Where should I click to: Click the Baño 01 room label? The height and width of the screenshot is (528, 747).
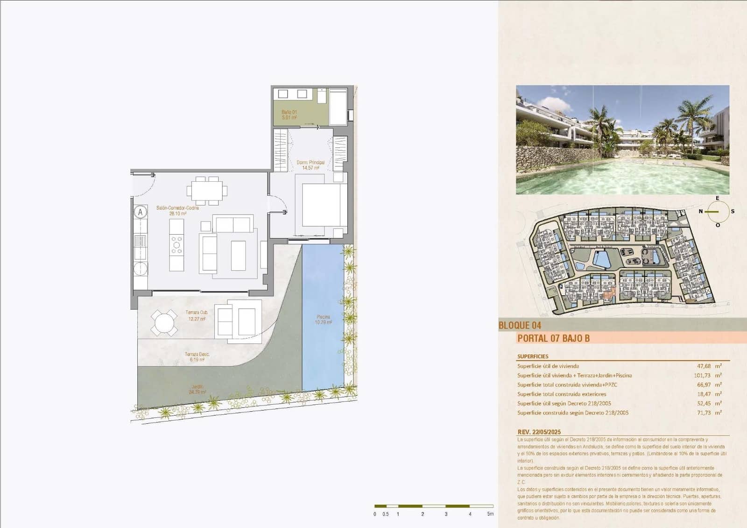tap(289, 114)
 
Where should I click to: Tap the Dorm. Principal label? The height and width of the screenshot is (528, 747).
tap(310, 165)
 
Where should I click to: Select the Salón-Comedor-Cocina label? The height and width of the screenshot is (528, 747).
tap(177, 210)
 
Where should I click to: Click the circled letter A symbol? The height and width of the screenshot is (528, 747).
tap(140, 212)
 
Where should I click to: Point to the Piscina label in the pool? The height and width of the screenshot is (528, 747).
tap(323, 319)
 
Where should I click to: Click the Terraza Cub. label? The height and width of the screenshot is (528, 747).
tap(197, 315)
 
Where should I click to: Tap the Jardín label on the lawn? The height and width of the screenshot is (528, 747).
tap(197, 389)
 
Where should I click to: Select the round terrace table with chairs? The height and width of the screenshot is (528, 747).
tap(164, 323)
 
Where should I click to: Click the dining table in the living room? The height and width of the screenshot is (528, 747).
tap(207, 191)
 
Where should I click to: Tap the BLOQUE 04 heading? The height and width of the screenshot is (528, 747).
tap(520, 325)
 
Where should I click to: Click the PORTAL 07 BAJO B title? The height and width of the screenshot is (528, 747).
tap(553, 338)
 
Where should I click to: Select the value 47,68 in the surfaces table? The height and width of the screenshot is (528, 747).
tap(704, 366)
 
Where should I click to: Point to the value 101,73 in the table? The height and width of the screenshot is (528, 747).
tap(702, 376)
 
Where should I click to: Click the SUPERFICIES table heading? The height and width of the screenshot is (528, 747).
tap(533, 356)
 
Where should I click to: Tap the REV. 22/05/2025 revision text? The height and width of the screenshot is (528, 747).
tap(539, 432)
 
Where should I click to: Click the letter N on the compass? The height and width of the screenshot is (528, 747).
tap(700, 212)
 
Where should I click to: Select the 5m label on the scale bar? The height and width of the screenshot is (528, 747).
tap(490, 514)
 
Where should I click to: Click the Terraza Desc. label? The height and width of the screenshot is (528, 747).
tap(197, 357)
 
